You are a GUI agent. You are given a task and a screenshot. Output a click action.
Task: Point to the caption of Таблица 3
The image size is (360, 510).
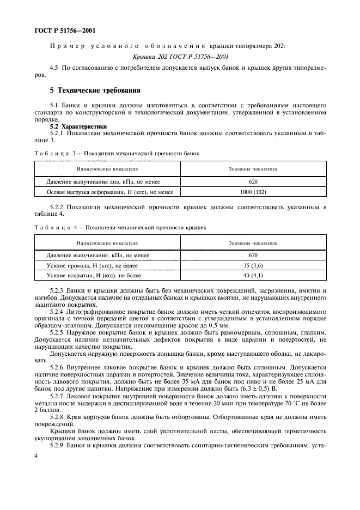click(x=118, y=153)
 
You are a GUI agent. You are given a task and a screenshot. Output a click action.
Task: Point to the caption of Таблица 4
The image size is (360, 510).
click(x=120, y=227)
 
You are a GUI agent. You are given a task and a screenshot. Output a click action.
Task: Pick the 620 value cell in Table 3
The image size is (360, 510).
click(x=253, y=181)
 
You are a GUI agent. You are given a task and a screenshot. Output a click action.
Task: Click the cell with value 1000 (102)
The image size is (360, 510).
click(x=253, y=192)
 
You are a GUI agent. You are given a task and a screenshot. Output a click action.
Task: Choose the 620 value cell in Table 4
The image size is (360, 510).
click(x=253, y=255)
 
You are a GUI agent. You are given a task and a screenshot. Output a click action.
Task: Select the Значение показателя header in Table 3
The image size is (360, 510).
click(x=253, y=169)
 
